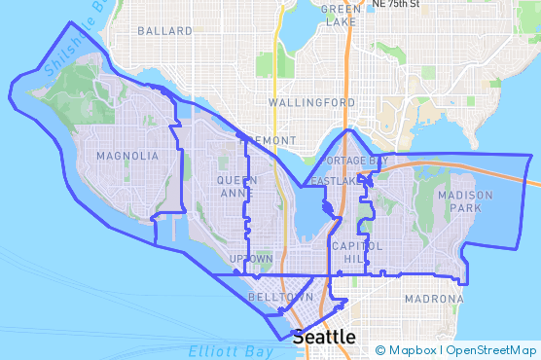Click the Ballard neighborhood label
(x=165, y=31)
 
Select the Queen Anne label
(x=237, y=186)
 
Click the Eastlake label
(x=335, y=181)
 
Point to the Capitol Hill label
(x=352, y=252)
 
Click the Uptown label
(x=250, y=259)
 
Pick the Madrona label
(x=427, y=299)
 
